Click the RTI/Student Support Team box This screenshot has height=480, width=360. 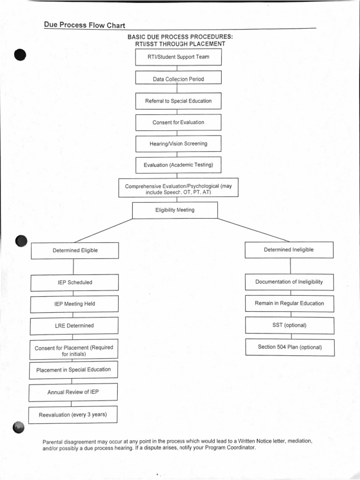tap(178, 57)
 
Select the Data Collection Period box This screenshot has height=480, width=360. tap(178, 79)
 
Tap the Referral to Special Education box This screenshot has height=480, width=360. tap(178, 101)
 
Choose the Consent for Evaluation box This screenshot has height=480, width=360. tap(178, 122)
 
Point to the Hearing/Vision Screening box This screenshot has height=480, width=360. tap(178, 144)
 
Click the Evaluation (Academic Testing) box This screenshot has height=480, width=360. tap(178, 165)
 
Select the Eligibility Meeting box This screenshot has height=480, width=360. tap(175, 210)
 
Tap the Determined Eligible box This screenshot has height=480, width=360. tap(75, 250)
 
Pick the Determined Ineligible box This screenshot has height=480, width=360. tap(289, 250)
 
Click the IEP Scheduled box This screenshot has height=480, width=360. tap(75, 282)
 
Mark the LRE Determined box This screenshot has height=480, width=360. tap(75, 325)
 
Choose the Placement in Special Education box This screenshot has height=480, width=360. tap(74, 369)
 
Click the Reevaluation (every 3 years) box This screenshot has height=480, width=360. tap(73, 415)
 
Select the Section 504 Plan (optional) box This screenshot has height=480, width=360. tap(289, 347)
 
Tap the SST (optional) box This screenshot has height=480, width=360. tap(289, 325)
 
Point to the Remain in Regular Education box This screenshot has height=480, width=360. tap(289, 303)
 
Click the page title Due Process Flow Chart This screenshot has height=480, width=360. tap(84, 25)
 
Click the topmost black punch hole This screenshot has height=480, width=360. tap(20, 55)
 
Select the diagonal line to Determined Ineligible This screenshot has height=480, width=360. tap(253, 229)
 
